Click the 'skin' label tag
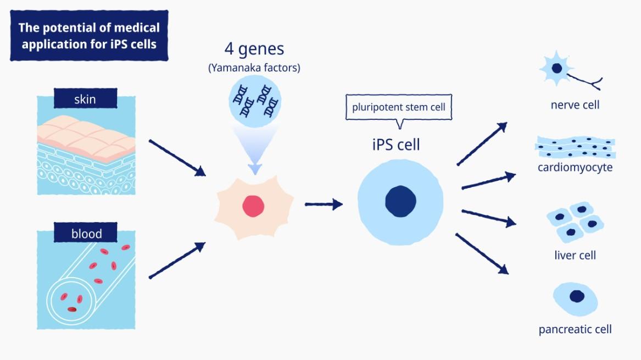[x=86, y=98]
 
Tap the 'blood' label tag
[x=86, y=233]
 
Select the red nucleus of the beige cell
[x=253, y=206]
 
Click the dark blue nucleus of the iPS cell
[x=400, y=201]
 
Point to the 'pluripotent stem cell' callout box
[x=399, y=107]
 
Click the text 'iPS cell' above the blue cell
[x=395, y=145]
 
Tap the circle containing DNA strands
[x=255, y=101]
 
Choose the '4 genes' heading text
[x=254, y=49]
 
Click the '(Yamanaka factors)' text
[x=254, y=68]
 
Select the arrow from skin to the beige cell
[x=177, y=158]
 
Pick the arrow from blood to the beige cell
[x=177, y=260]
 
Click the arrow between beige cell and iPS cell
[x=324, y=204]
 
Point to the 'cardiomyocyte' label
[x=575, y=167]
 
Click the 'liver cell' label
[x=575, y=255]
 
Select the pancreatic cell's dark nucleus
[x=577, y=296]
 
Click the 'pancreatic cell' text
[x=575, y=329]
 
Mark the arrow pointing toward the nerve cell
[x=482, y=143]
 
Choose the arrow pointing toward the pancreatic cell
[x=482, y=253]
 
